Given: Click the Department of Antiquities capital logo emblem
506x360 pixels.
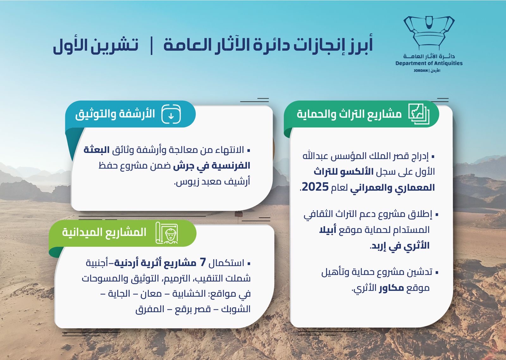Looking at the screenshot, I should [429, 33].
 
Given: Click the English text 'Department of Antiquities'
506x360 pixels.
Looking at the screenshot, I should [429, 63].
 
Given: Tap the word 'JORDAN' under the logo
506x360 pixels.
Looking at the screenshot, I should [420, 71].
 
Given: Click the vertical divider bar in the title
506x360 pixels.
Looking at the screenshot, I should [152, 46].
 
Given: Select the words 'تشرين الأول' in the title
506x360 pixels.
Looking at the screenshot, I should [96, 45].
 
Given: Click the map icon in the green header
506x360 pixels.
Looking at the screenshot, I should [418, 114].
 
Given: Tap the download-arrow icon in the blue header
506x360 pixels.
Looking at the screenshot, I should [171, 114].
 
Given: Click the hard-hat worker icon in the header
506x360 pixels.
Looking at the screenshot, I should [167, 233].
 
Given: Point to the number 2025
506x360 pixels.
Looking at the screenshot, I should [315, 187].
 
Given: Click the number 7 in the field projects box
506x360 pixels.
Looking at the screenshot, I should [203, 262].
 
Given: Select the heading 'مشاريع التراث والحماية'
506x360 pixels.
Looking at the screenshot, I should [349, 114].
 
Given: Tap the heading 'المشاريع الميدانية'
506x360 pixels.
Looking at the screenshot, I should [104, 232].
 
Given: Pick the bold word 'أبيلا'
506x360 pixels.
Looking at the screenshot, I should [328, 230].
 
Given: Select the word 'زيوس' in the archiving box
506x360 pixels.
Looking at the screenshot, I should [184, 182].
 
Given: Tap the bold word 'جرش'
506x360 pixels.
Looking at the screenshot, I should [183, 166].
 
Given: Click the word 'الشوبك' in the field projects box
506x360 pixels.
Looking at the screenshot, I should [236, 309].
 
